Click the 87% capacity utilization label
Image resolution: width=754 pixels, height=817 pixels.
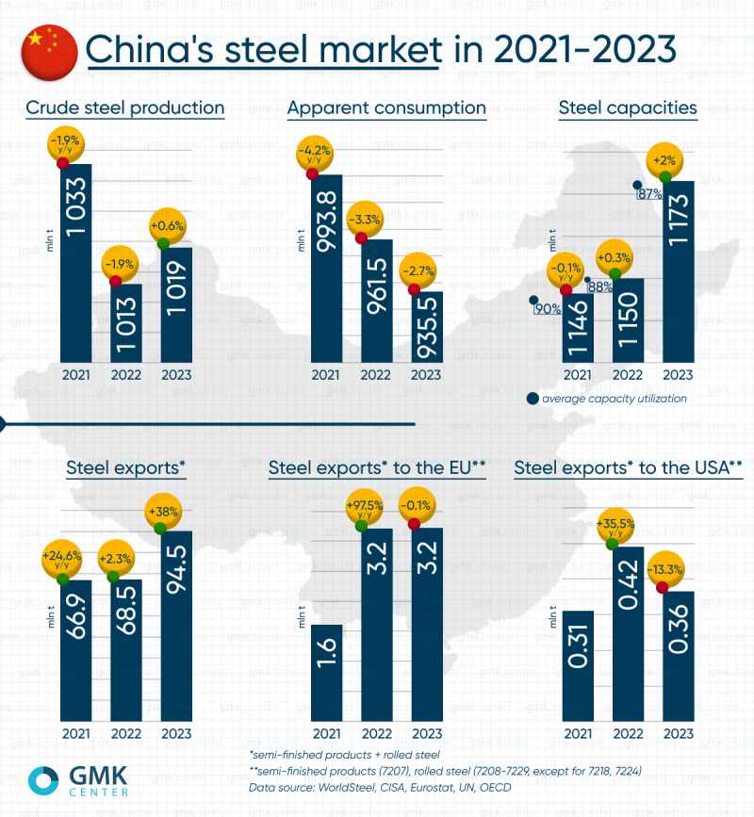(x=648, y=194)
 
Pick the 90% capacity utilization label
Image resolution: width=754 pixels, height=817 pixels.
(x=546, y=308)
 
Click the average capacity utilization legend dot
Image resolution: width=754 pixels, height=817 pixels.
(x=533, y=399)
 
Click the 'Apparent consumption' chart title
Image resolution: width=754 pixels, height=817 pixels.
(x=386, y=107)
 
